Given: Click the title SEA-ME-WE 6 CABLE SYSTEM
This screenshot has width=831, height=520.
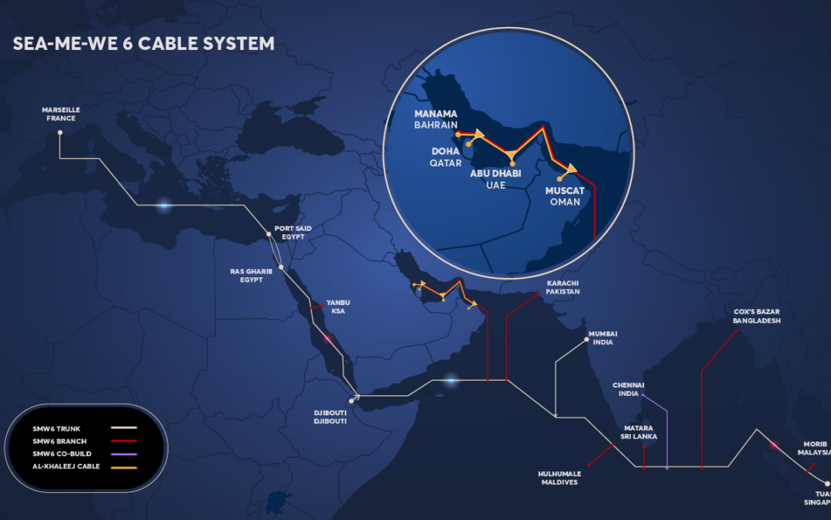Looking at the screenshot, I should (143, 44).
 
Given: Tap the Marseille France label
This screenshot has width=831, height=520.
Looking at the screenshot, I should (61, 114).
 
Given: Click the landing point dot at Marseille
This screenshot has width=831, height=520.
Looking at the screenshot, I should (60, 133).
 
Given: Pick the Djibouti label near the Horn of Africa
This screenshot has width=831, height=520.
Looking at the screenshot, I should (330, 417).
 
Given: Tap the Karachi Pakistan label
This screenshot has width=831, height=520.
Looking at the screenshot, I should (562, 287).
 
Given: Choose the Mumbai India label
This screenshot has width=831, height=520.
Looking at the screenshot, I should (602, 337).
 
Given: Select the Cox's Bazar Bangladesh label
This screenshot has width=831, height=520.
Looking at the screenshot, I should (756, 316).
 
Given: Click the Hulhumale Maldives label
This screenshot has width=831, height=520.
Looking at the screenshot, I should (559, 478).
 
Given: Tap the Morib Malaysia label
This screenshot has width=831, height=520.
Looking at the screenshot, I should (815, 448).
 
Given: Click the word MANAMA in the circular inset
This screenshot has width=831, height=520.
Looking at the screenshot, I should (436, 114).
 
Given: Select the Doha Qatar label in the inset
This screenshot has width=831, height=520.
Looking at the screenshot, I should (446, 158).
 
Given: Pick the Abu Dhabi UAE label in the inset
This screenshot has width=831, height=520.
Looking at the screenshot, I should (496, 179).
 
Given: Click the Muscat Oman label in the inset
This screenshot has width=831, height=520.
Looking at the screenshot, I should (565, 196).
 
